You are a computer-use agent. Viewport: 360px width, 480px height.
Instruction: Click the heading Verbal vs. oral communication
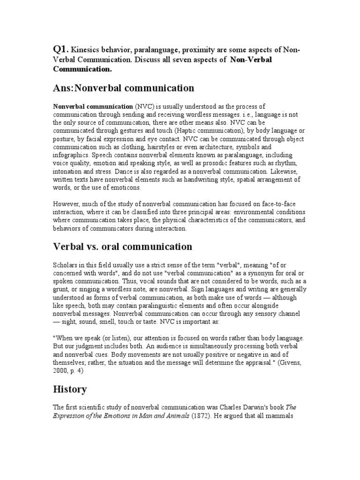coord(122,247)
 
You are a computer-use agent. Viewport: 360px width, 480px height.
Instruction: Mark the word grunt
coord(60,289)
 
